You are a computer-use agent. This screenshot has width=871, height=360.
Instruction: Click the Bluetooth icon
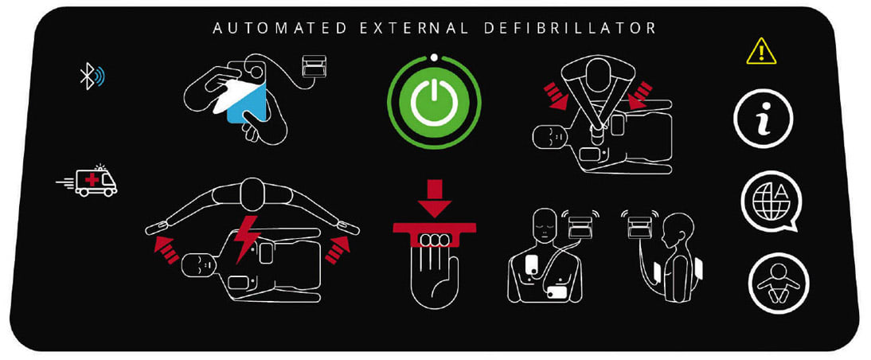[92, 77]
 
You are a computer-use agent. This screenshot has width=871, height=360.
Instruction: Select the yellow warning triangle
[761, 52]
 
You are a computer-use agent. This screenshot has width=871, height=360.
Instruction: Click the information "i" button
[763, 119]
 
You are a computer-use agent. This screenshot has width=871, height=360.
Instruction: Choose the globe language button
[771, 202]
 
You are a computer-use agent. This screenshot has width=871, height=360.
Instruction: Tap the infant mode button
[778, 283]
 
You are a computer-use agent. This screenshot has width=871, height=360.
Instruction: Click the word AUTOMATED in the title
[280, 29]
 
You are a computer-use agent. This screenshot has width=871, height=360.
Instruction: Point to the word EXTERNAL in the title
[416, 29]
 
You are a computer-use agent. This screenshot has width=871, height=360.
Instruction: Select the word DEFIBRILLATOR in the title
[570, 29]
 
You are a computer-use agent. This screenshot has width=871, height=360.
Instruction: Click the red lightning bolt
[244, 239]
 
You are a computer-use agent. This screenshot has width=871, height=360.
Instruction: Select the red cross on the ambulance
[92, 179]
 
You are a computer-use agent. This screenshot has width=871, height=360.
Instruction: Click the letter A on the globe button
[780, 194]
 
